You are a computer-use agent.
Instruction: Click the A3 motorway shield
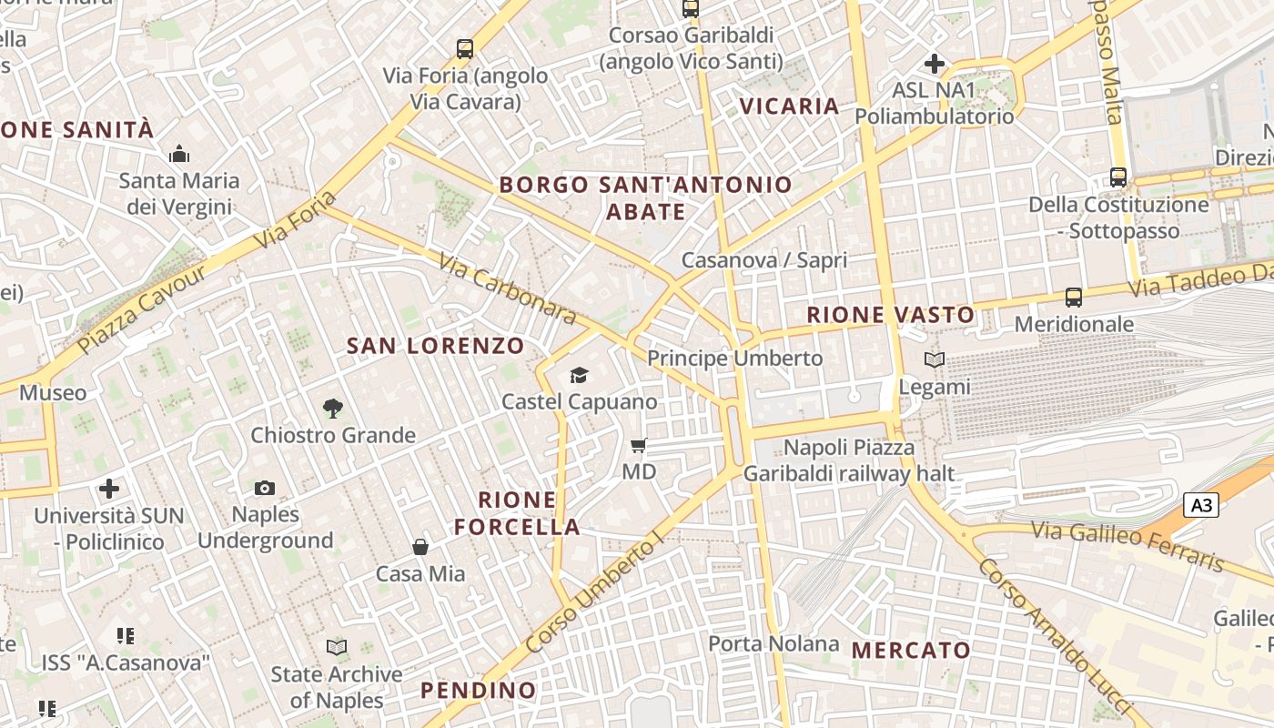(1201, 505)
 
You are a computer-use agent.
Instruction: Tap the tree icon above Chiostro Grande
(333, 409)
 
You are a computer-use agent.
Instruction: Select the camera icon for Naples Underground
(265, 489)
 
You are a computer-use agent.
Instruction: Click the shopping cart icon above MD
(639, 445)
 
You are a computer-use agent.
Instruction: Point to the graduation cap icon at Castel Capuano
(579, 375)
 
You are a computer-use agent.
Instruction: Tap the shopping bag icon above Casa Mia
(420, 547)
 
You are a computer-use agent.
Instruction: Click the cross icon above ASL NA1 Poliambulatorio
(934, 64)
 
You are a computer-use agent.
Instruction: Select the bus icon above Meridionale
(1074, 297)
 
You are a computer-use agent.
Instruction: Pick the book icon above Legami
(935, 360)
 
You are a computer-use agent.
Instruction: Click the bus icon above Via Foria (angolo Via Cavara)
(465, 49)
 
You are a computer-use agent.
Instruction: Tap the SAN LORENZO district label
(436, 346)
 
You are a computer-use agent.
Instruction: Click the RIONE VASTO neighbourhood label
(891, 316)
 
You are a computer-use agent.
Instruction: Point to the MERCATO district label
(911, 651)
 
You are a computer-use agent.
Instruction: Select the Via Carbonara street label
(507, 288)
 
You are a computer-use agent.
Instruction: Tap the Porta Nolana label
(773, 644)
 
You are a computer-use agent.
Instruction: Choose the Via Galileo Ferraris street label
(1127, 545)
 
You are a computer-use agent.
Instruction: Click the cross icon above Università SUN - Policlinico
(109, 489)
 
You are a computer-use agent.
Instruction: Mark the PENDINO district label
(479, 690)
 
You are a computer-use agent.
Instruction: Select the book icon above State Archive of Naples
(337, 648)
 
